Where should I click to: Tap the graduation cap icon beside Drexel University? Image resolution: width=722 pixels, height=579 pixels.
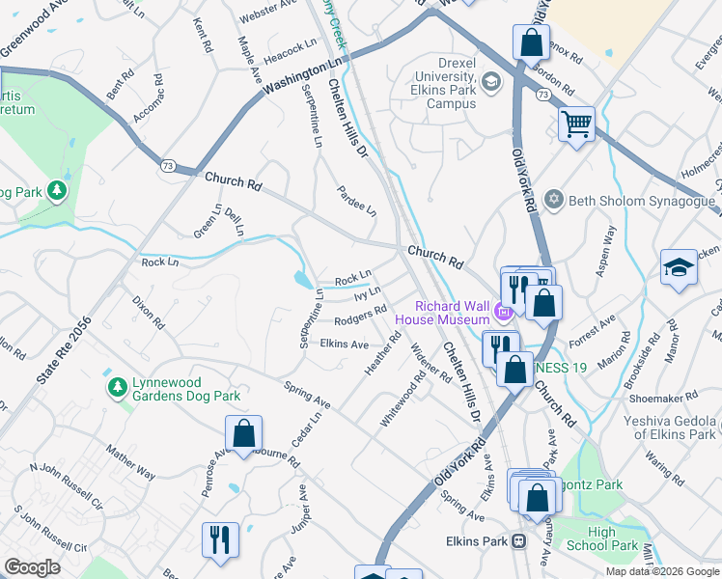click(490, 82)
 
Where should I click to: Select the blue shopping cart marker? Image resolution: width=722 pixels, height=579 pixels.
click(576, 124)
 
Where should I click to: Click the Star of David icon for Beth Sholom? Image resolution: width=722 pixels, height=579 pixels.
click(553, 201)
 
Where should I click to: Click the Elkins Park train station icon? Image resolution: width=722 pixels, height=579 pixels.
click(518, 541)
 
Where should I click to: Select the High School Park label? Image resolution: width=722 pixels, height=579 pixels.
click(613, 538)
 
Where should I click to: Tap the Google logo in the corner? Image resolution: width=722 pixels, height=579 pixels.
click(32, 567)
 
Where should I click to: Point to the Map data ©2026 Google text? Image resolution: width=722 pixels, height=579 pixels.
click(662, 571)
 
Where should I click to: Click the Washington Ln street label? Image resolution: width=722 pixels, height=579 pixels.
click(303, 74)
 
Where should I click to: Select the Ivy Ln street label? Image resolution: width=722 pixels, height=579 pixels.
click(367, 291)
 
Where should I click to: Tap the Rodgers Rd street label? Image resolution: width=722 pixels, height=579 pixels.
click(361, 317)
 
